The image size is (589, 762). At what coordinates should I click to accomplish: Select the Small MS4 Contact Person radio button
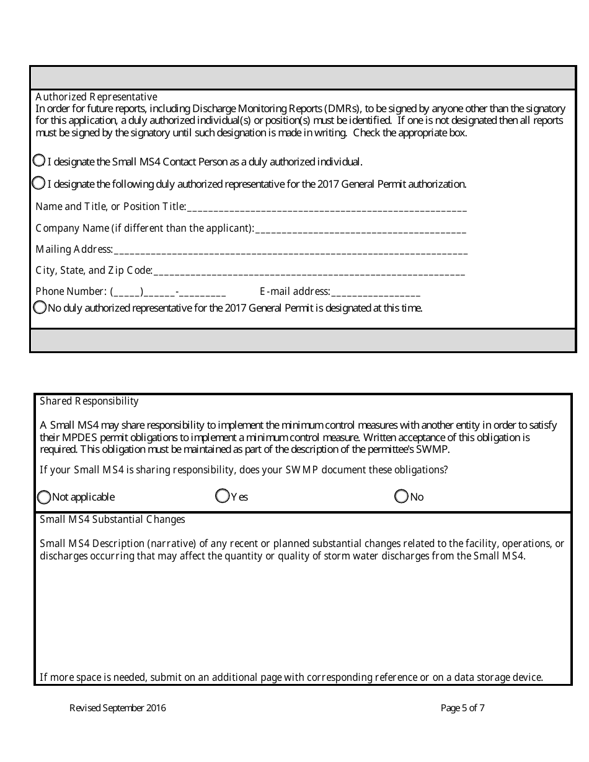pos(38,160)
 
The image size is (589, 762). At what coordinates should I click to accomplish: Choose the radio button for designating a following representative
pos(38,183)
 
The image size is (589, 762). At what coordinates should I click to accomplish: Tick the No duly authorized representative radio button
pos(40,307)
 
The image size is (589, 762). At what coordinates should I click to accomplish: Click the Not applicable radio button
pos(44,497)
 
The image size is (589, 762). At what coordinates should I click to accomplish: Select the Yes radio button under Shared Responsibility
pos(222,496)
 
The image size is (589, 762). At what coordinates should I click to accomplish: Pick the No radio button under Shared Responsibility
pos(402,496)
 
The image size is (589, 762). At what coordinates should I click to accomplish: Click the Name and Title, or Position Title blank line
pos(326,208)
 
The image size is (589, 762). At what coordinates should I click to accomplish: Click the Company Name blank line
pos(360,230)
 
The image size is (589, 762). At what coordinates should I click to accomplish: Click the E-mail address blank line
pos(375,292)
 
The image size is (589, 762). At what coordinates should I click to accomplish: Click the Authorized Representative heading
pos(96,97)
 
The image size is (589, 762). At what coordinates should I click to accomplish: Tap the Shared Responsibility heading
pos(89,401)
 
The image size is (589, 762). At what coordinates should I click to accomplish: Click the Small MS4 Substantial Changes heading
pos(112,519)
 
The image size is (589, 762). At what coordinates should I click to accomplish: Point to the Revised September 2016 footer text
pos(118,707)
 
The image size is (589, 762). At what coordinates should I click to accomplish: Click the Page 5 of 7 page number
pos(463,707)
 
